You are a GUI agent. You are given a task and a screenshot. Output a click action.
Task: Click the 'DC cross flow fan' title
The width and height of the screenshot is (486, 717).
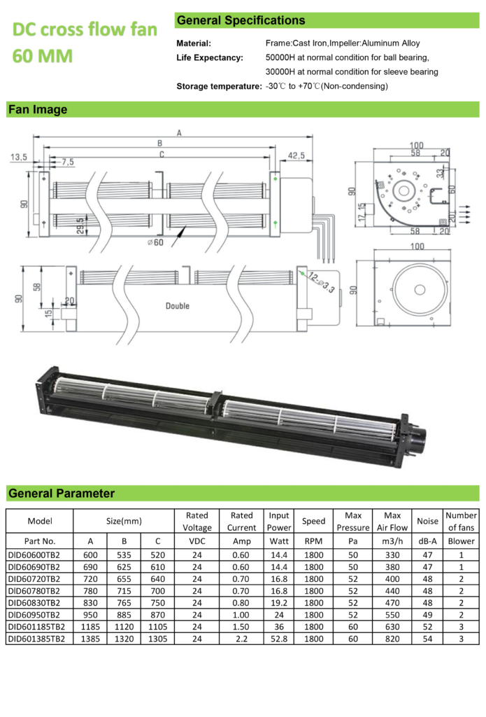[x=85, y=30]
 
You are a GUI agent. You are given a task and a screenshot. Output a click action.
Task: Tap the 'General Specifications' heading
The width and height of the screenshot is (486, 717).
[x=241, y=20]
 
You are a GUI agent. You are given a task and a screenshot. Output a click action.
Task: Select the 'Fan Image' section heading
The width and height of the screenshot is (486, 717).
[x=38, y=109]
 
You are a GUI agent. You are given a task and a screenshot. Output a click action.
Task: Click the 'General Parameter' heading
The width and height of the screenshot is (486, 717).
[x=62, y=493]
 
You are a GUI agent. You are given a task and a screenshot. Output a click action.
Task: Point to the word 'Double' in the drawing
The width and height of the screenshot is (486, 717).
[x=178, y=305]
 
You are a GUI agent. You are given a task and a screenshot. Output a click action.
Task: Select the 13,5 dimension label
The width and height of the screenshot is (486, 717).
[x=19, y=158]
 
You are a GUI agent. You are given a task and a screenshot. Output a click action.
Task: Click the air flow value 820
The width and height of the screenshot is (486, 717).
[x=391, y=639]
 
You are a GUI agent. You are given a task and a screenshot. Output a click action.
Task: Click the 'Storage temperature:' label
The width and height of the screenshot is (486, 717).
[x=219, y=86]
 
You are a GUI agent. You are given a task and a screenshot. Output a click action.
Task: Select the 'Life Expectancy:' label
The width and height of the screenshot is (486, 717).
[x=210, y=57]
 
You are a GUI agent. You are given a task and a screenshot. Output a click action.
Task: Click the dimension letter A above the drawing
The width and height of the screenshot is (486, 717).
[x=179, y=132]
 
